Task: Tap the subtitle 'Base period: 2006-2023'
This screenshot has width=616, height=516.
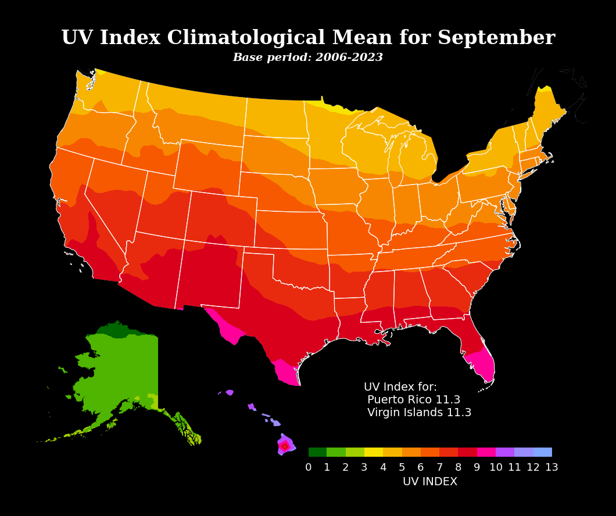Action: [307, 58]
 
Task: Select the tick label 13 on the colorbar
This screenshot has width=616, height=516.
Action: [551, 468]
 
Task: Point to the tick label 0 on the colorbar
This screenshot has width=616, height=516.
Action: [309, 468]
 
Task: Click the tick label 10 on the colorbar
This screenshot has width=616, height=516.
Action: [496, 468]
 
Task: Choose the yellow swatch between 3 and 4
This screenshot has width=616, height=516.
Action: [374, 452]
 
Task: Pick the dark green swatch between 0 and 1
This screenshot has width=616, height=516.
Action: [317, 452]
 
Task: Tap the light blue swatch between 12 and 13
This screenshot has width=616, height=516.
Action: [542, 452]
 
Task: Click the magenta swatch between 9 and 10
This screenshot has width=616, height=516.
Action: [486, 452]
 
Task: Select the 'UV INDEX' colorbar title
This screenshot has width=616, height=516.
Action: [430, 482]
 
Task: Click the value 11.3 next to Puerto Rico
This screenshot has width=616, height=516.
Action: [447, 400]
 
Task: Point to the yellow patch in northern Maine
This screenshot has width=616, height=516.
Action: [544, 89]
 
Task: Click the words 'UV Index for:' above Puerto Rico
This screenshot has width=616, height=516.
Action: [400, 387]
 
